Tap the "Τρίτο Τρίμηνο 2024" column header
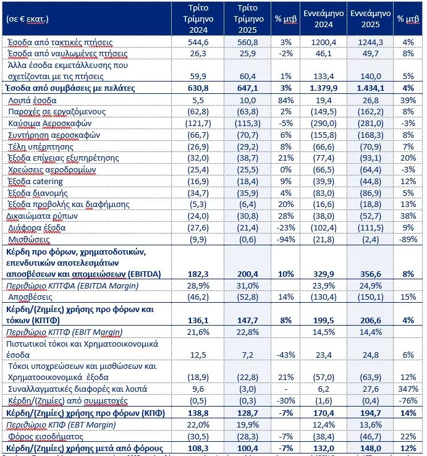[x=202, y=19]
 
